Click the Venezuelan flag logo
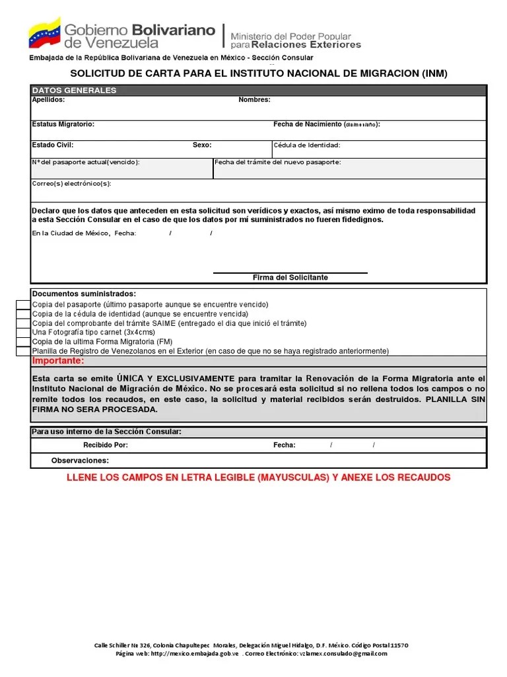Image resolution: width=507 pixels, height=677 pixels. tap(44, 33)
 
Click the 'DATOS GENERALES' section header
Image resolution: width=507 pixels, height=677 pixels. tap(74, 91)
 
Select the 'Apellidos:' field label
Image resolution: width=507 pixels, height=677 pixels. tap(48, 100)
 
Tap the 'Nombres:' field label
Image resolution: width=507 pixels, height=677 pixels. tap(254, 100)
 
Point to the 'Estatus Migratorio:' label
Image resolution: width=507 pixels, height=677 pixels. tap(63, 124)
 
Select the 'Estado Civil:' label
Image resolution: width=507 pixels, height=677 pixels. tap(53, 145)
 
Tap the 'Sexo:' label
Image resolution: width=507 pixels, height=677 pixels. tap(202, 145)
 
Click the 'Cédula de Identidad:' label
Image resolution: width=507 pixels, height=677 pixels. tap(306, 145)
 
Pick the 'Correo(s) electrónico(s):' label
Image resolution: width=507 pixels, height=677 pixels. tap(72, 184)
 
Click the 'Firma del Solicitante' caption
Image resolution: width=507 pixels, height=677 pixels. tap(290, 278)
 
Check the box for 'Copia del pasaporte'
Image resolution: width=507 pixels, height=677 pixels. tap(24, 305)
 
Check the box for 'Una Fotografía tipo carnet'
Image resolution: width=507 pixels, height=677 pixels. tap(24, 333)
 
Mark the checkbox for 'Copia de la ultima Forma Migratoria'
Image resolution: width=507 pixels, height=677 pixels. tap(24, 342)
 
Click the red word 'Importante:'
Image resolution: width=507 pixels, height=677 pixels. tap(58, 362)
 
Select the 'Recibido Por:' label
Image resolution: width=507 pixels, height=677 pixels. tap(106, 446)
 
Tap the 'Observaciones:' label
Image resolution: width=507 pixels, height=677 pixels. tap(80, 461)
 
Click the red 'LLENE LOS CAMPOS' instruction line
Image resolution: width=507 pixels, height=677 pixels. tap(258, 477)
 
